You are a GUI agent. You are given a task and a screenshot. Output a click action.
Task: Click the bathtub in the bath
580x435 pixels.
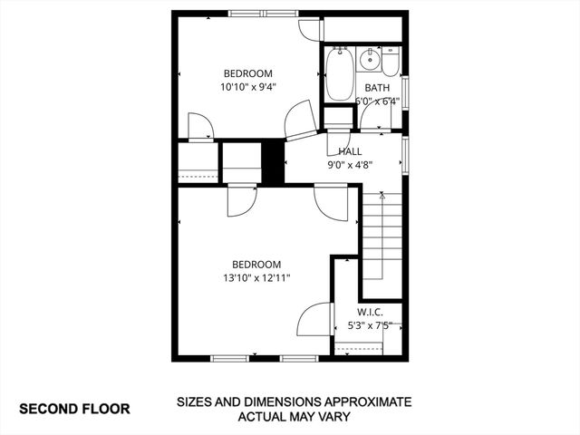[340, 74]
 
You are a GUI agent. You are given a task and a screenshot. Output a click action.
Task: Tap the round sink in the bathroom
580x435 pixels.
[370, 61]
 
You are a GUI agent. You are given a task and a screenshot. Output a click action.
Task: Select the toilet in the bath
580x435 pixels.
[391, 63]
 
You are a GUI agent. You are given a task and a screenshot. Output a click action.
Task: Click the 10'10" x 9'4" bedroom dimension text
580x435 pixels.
[247, 88]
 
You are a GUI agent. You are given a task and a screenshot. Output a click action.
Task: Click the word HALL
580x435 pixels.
[350, 152]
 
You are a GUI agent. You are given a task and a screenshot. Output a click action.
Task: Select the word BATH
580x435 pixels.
[377, 88]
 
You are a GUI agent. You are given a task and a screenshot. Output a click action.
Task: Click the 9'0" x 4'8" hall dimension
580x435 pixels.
[350, 166]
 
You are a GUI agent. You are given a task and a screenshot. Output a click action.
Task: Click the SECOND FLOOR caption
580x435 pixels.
[74, 409]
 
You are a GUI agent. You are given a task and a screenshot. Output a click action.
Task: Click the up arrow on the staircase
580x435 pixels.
[382, 194]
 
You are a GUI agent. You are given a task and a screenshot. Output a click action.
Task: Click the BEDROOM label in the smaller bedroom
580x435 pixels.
[248, 73]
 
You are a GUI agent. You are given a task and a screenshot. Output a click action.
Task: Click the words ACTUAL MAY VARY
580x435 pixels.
[294, 418]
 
